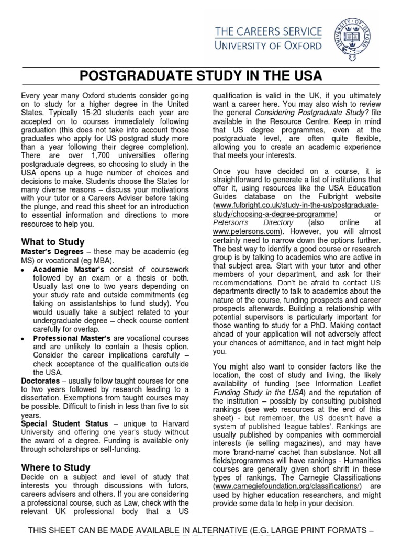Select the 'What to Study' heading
(52, 242)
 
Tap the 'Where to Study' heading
(55, 467)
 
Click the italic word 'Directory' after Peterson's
(266, 222)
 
